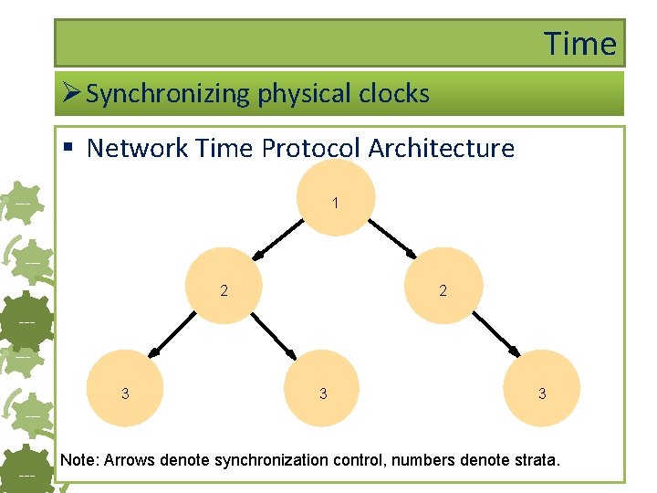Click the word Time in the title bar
[x=580, y=43]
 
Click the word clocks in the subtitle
[x=392, y=93]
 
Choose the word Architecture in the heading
[x=449, y=148]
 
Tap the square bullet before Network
[x=70, y=149]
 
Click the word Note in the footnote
[x=78, y=459]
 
